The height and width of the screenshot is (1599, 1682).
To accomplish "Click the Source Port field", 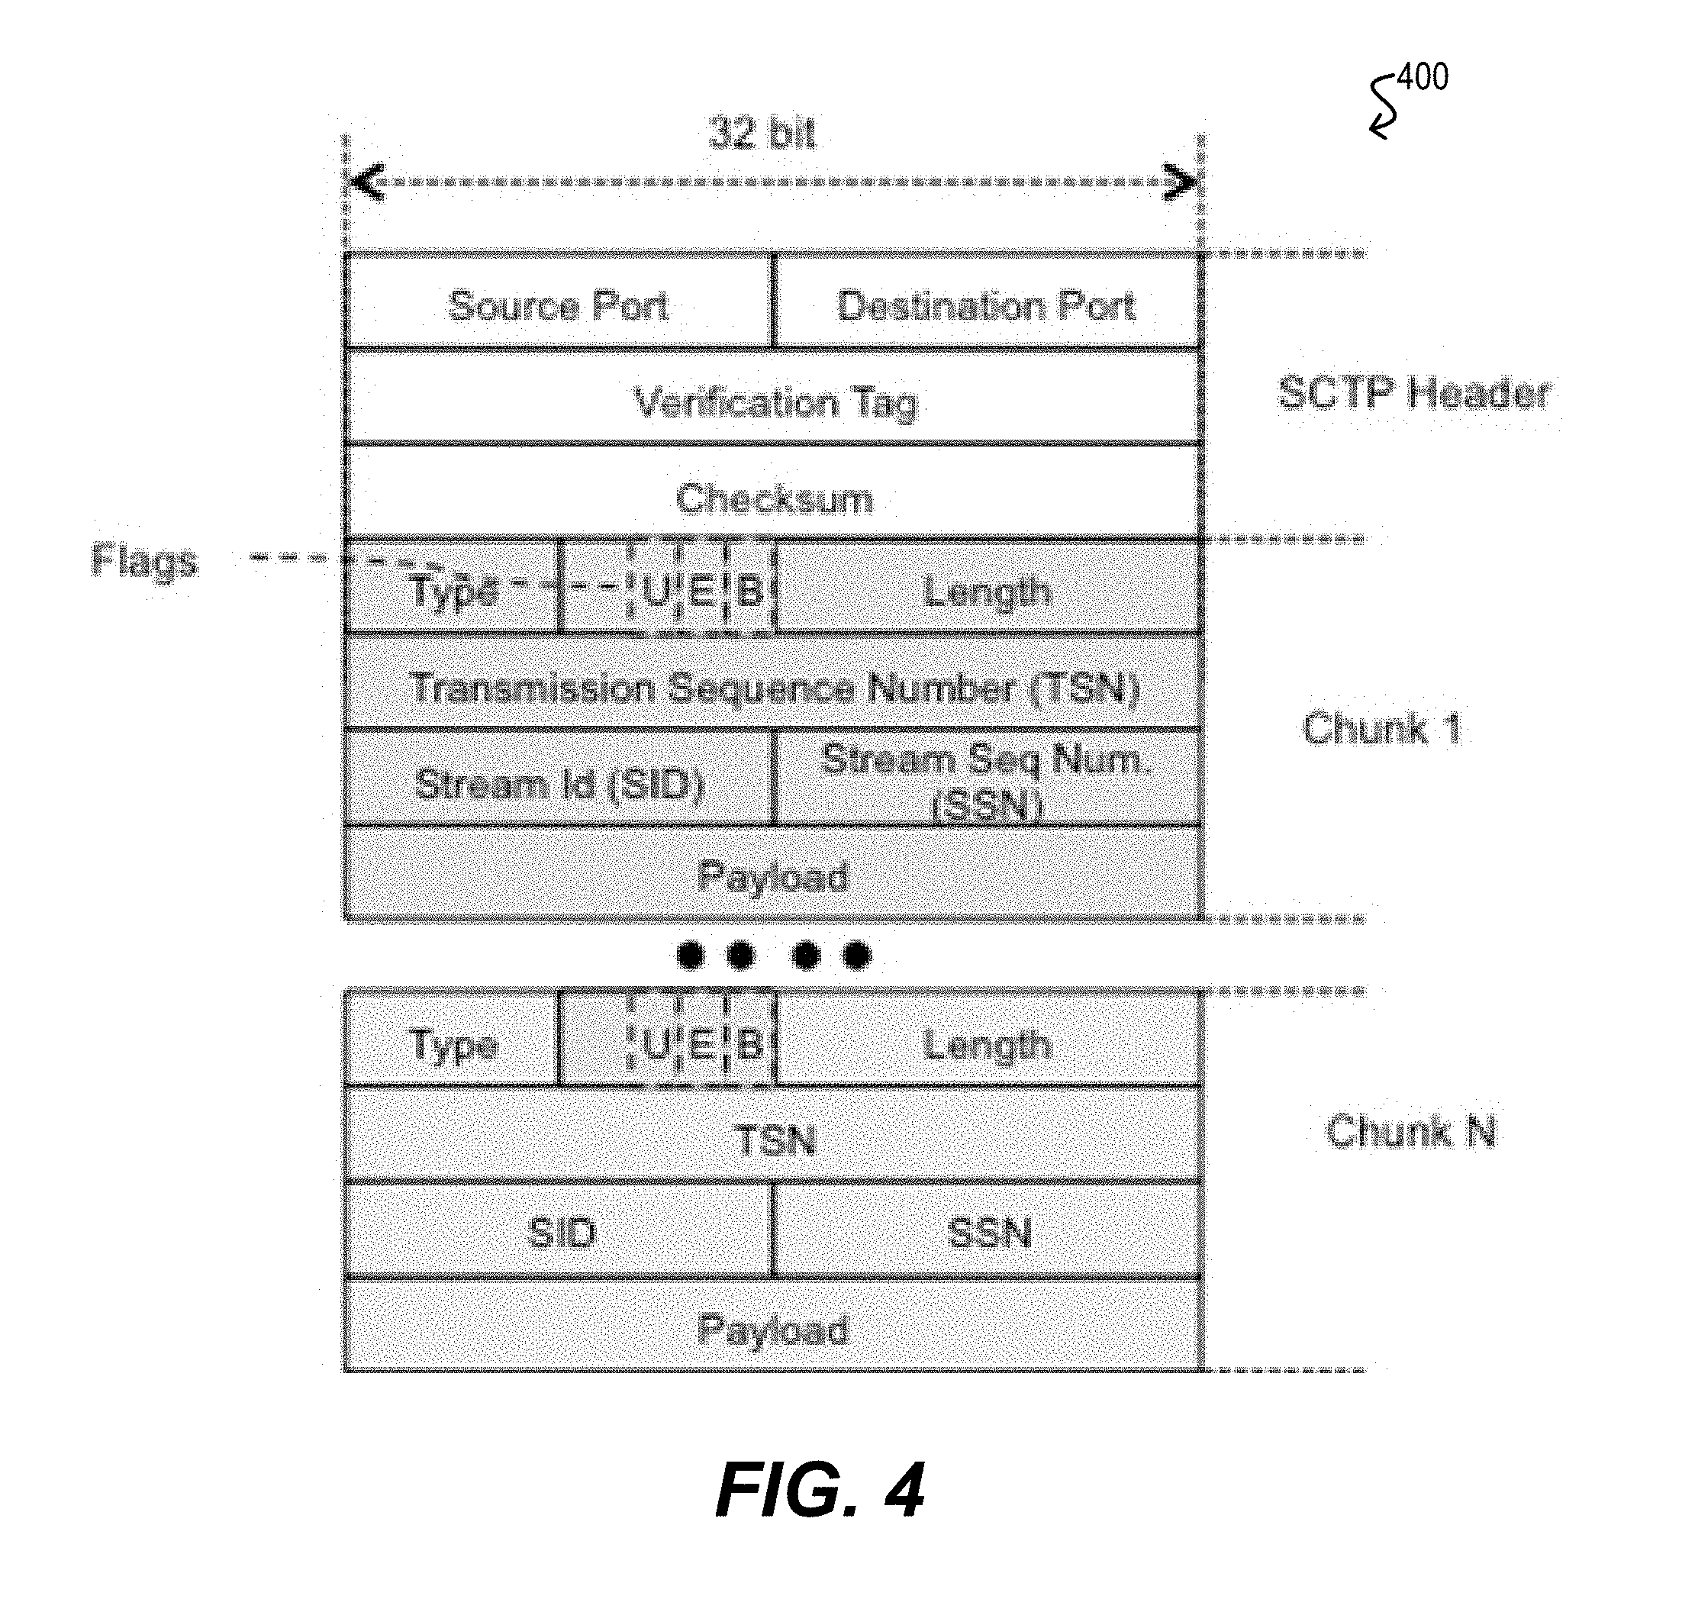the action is coord(559,301).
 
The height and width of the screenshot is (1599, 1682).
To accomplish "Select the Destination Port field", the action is coord(988,301).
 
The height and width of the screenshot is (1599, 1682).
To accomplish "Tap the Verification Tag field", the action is coord(774,396).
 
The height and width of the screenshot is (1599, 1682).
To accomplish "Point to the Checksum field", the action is coord(774,492).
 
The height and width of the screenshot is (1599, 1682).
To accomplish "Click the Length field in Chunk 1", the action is coord(988,587).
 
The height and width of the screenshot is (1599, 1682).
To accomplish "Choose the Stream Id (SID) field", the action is coord(559,777).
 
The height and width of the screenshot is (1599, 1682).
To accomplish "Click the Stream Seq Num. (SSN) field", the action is coord(988,777).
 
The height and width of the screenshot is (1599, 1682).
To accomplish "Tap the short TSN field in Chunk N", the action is coord(774,1134).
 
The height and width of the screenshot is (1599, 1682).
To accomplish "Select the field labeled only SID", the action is coord(559,1230).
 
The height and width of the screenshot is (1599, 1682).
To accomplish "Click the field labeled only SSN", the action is coord(988,1230).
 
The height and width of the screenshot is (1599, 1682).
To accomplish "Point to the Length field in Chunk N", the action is coord(988,1039).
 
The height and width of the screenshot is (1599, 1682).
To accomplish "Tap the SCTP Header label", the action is coord(1414,394).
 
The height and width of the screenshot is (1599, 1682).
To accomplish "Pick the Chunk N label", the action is coord(1411,1132).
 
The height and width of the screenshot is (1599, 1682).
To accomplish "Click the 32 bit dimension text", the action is coord(762,134).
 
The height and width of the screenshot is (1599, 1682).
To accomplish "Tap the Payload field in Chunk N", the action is coord(774,1326).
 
